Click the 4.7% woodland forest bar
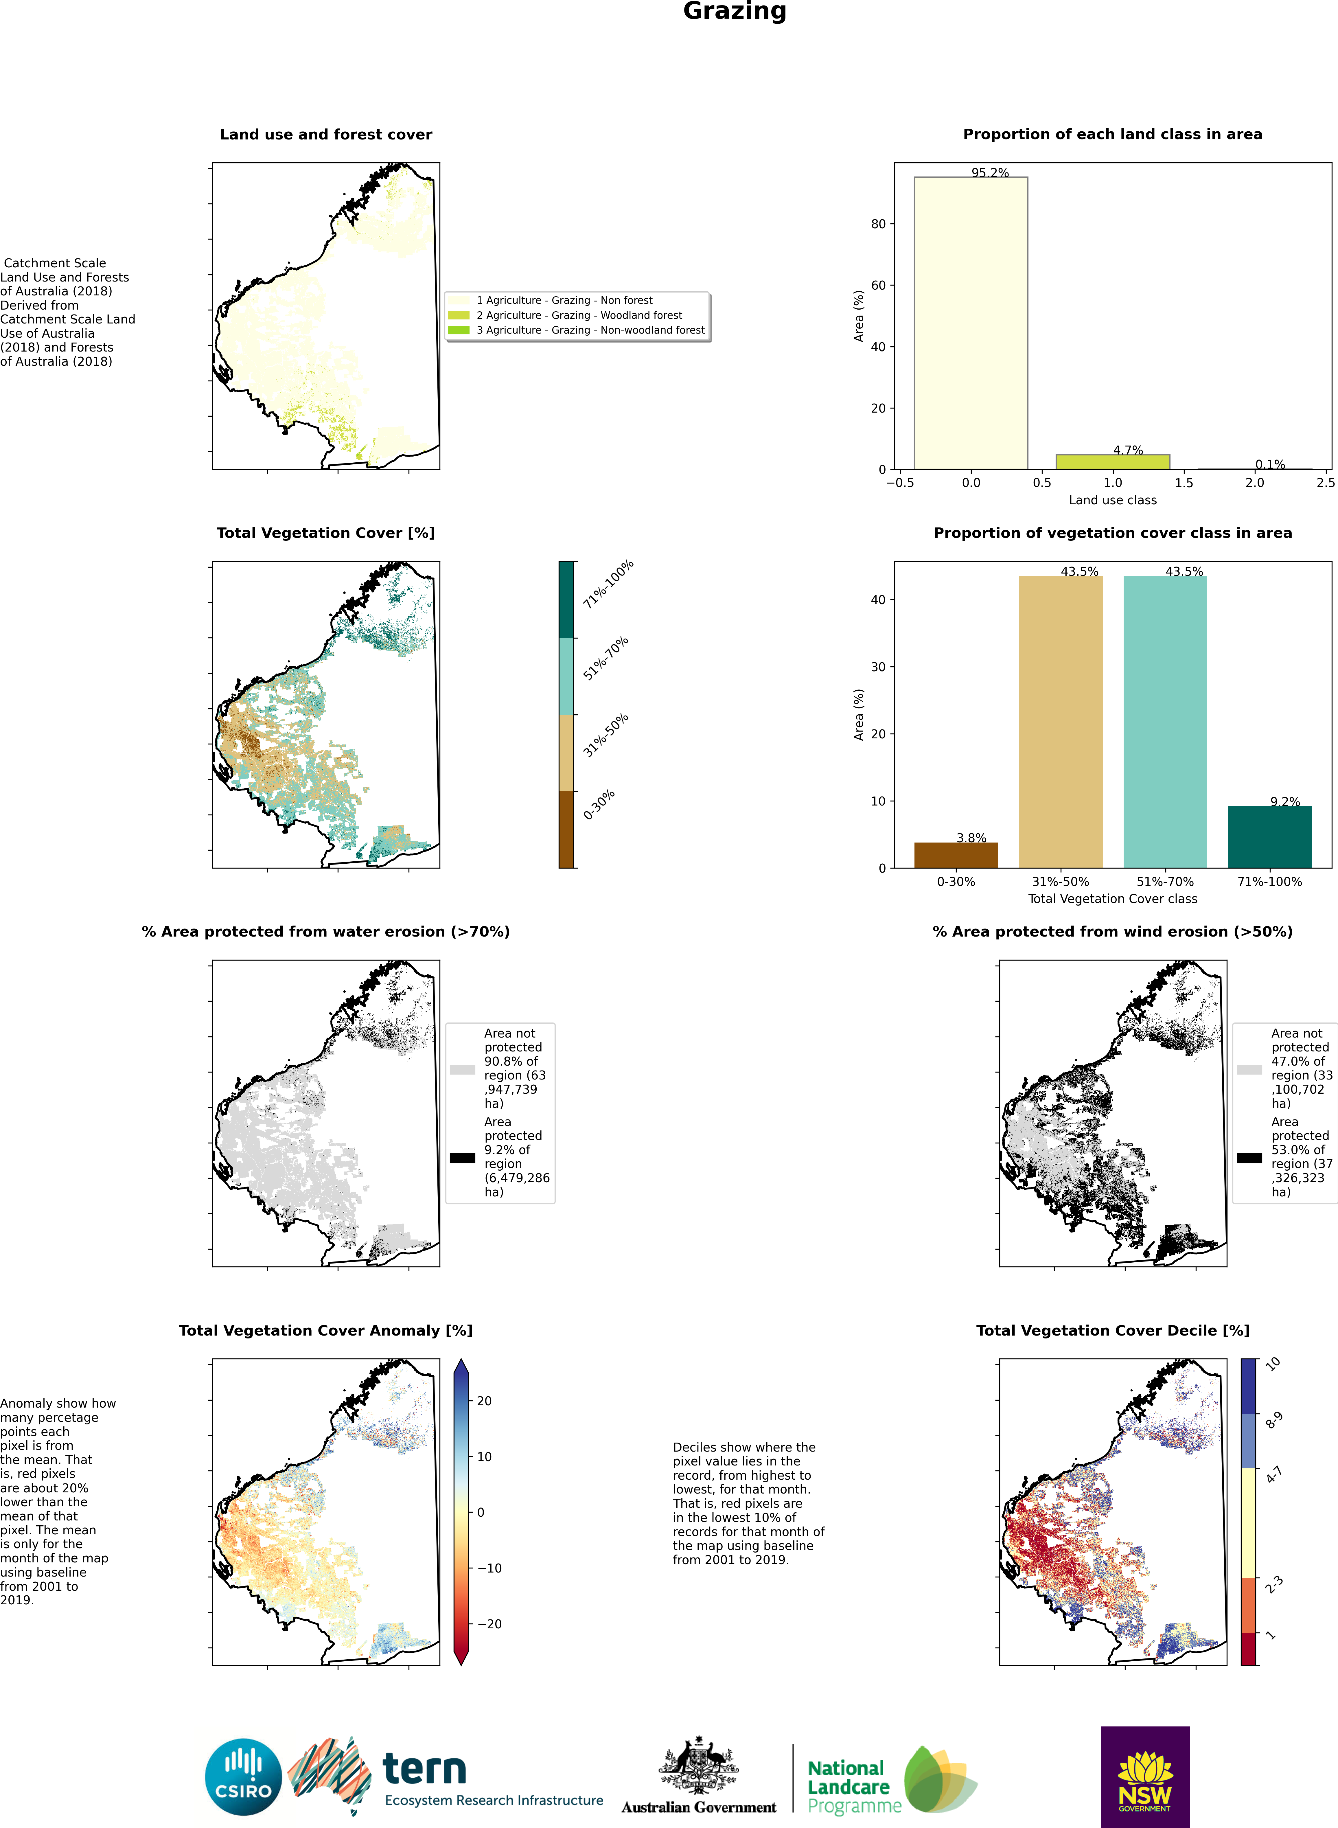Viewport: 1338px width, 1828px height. tap(1113, 462)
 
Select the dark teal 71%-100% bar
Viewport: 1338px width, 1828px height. tap(1270, 837)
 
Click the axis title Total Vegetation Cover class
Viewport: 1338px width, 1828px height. tap(1113, 899)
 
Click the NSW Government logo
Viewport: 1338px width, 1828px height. tap(1145, 1776)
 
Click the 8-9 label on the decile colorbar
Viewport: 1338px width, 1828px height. tap(1274, 1420)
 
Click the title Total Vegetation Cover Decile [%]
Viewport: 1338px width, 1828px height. tap(1113, 1331)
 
